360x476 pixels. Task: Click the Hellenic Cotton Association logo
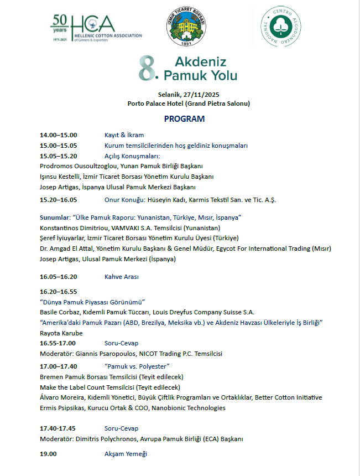(96, 28)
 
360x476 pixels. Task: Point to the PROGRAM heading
(184, 119)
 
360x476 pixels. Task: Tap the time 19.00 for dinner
(48, 454)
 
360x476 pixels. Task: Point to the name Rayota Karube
(61, 333)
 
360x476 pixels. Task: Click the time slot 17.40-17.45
(58, 428)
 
